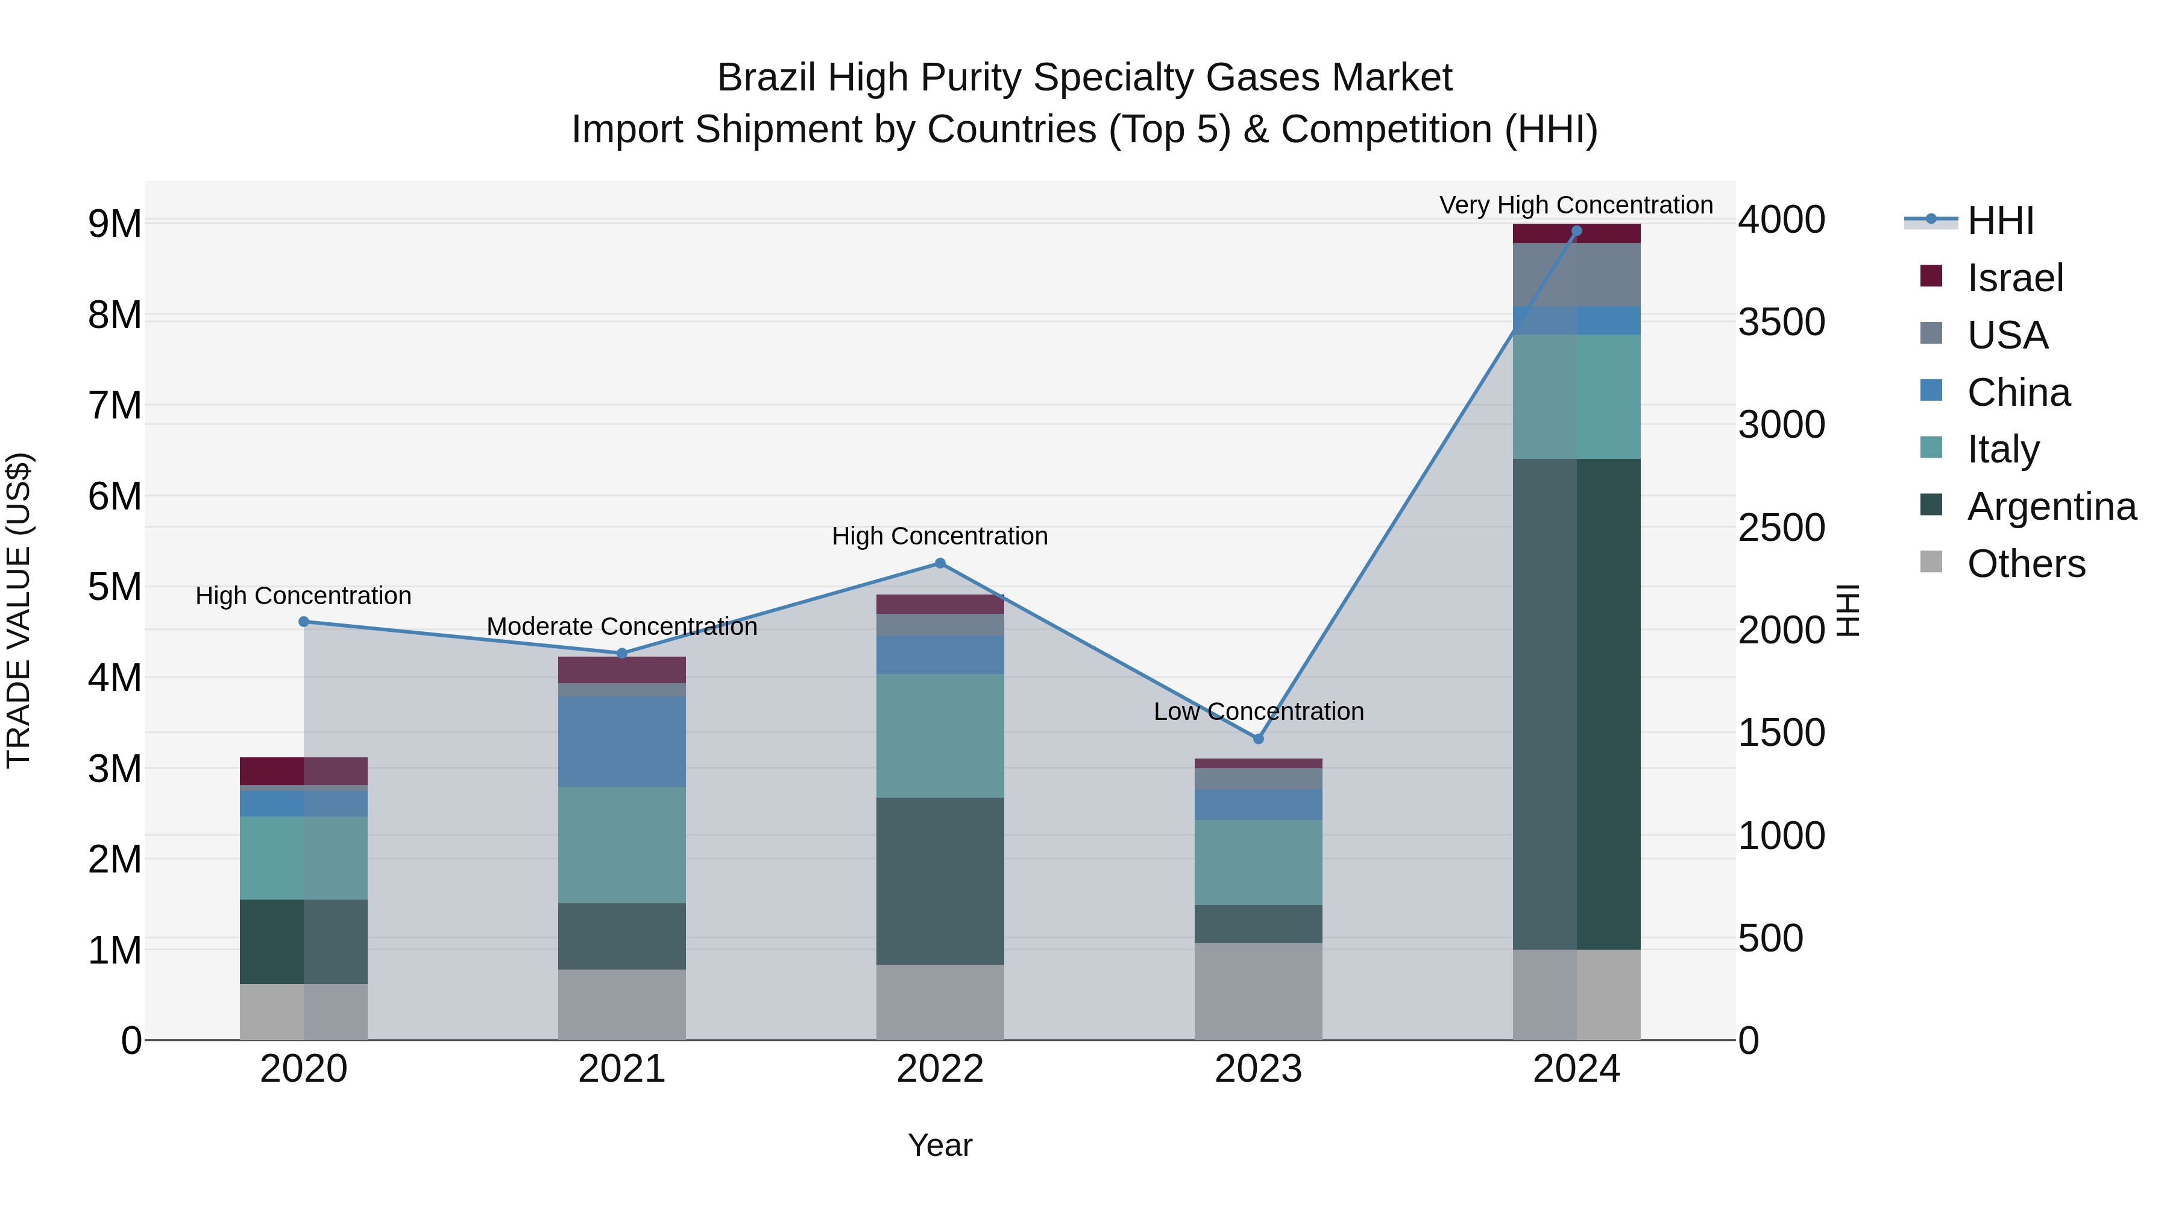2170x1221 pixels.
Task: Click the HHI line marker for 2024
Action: pyautogui.click(x=1576, y=231)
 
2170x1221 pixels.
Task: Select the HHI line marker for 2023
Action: pyautogui.click(x=1259, y=739)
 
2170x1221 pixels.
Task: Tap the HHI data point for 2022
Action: pyautogui.click(x=940, y=563)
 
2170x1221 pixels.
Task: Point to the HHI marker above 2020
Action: pyautogui.click(x=304, y=622)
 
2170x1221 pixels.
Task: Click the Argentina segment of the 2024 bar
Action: pyautogui.click(x=1576, y=704)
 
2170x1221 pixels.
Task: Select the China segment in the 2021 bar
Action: pyautogui.click(x=621, y=742)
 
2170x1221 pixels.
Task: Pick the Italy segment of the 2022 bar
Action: pyautogui.click(x=940, y=736)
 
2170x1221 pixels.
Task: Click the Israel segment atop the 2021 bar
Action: pyautogui.click(x=621, y=670)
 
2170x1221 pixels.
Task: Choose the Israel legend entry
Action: pyautogui.click(x=2015, y=278)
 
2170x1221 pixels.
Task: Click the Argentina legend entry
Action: pyautogui.click(x=2051, y=506)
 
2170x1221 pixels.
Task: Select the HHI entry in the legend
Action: pyautogui.click(x=2000, y=221)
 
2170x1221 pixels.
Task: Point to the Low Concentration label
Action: pyautogui.click(x=1259, y=711)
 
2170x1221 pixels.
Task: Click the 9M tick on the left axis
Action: pyautogui.click(x=115, y=224)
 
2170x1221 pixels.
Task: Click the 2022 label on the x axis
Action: pyautogui.click(x=940, y=1069)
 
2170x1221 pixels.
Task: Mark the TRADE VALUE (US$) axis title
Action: pyautogui.click(x=19, y=610)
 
